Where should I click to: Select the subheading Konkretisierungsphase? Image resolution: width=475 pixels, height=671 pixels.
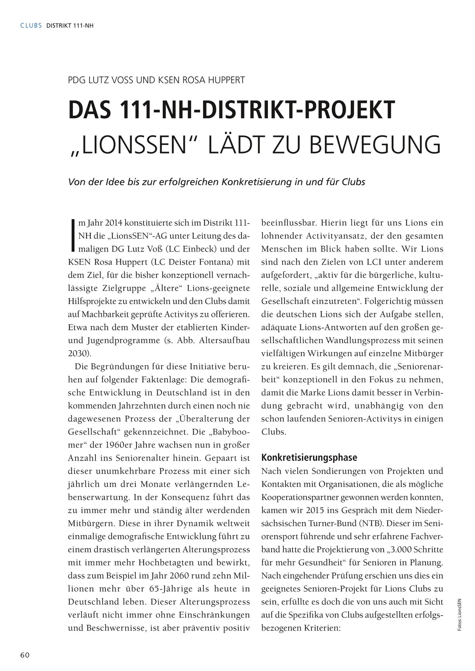pos(309,458)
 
